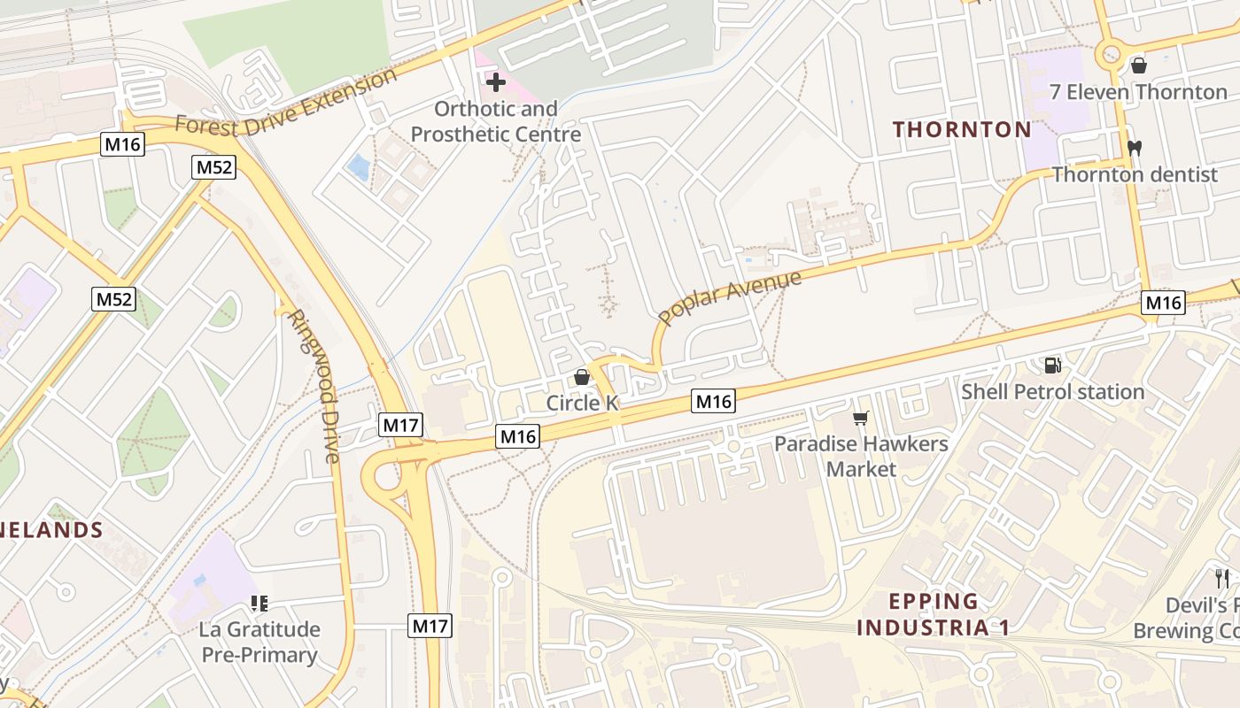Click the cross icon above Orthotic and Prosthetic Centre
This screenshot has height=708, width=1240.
coord(496,83)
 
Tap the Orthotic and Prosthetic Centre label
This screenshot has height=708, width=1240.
coord(496,122)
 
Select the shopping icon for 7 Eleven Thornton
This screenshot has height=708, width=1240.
coord(1139,65)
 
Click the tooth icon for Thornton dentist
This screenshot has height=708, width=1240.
coord(1133,148)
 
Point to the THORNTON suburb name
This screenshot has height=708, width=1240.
coord(962,130)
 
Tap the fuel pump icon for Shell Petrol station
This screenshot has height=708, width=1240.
coord(1052,365)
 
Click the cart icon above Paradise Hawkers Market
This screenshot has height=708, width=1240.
coord(860,418)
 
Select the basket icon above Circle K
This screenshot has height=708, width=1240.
coord(582,377)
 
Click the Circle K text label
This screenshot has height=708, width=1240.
coord(582,404)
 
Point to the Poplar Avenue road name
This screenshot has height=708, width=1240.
coord(730,297)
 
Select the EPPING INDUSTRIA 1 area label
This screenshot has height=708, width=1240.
coord(934,615)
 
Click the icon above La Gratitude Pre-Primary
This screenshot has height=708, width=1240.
coord(259,604)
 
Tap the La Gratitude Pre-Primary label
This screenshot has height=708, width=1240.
coord(259,643)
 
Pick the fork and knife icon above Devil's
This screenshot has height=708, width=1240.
coord(1222,580)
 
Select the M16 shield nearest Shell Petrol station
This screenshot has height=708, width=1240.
coord(1163,303)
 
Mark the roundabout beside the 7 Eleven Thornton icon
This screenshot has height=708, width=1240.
coord(1108,55)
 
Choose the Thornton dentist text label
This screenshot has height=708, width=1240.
coord(1135,174)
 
